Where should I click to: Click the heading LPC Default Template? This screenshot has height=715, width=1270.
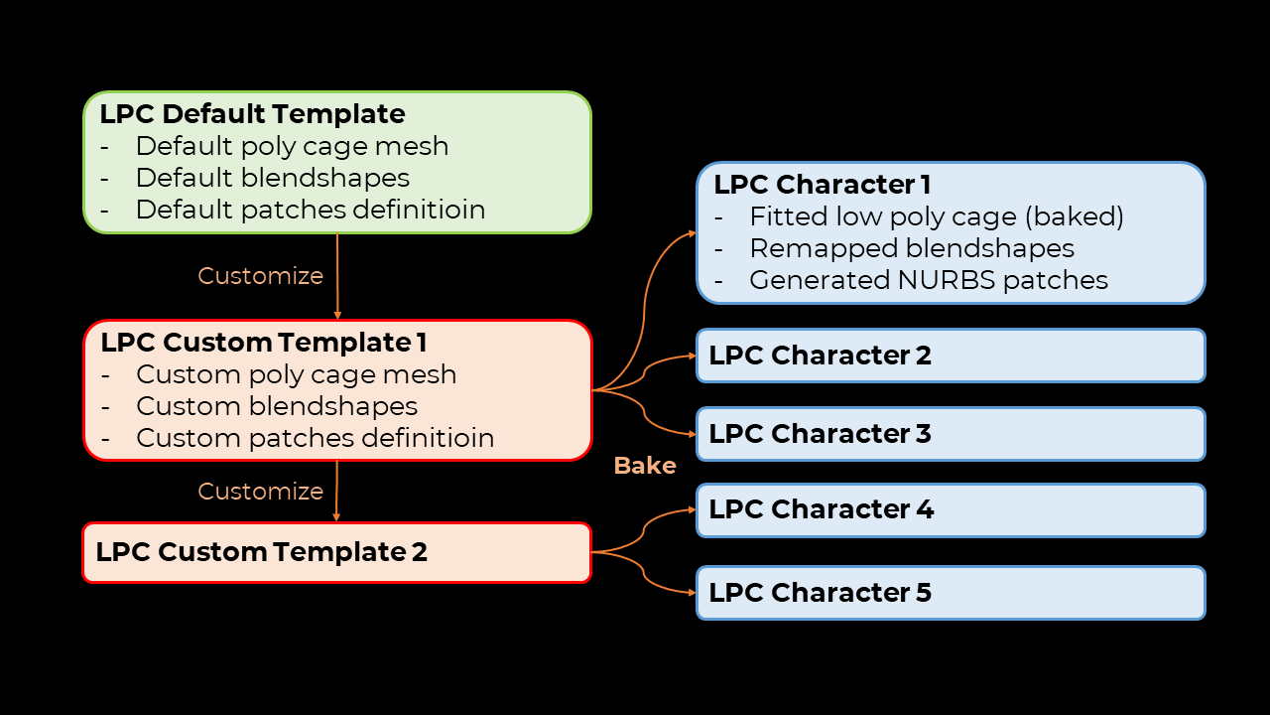pyautogui.click(x=252, y=114)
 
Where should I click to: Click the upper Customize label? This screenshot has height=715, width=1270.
pyautogui.click(x=260, y=276)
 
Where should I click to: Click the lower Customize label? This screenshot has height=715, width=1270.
pyautogui.click(x=260, y=492)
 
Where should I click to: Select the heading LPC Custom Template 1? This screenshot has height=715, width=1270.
pyautogui.click(x=264, y=343)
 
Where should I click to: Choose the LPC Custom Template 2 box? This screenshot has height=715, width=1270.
pyautogui.click(x=336, y=553)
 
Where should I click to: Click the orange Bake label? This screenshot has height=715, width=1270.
pyautogui.click(x=645, y=466)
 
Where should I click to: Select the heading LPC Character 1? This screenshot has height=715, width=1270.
pyautogui.click(x=823, y=185)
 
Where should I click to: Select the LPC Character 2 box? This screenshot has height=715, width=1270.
pyautogui.click(x=951, y=356)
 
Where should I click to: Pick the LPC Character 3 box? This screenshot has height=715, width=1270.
pyautogui.click(x=951, y=434)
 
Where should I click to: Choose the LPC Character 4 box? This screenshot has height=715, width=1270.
pyautogui.click(x=951, y=510)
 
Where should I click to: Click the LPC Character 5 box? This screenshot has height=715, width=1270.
pyautogui.click(x=951, y=593)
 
